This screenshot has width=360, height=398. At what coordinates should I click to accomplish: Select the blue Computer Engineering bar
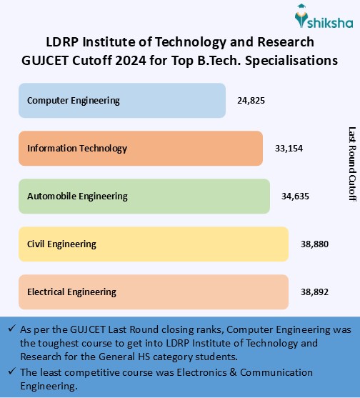[x=122, y=101]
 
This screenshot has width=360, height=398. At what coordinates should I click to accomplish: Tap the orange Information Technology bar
[x=141, y=148]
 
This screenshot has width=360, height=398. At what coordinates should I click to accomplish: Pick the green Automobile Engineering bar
[x=144, y=196]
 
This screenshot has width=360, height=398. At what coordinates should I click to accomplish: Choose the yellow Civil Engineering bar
[x=154, y=244]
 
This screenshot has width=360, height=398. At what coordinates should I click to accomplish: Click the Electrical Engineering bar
[x=154, y=292]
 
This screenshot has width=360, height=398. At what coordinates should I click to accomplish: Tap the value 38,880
[x=314, y=244]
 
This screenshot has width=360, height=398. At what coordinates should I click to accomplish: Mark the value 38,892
[x=314, y=292]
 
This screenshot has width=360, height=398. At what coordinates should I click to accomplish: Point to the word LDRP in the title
[x=62, y=43]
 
